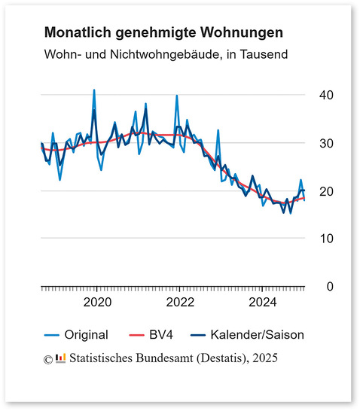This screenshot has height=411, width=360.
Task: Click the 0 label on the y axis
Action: point(328,287)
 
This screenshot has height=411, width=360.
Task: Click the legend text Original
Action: point(87,334)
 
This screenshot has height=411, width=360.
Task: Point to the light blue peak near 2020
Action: point(94,90)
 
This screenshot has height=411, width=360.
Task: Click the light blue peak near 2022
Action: point(176,96)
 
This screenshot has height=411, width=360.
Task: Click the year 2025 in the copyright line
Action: point(266,358)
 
